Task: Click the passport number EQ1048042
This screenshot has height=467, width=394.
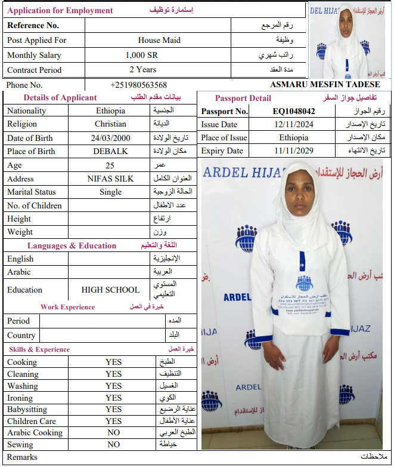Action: [x=294, y=111]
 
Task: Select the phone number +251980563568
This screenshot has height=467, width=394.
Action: [x=138, y=85]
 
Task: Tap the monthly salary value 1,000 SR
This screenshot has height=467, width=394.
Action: [x=142, y=55]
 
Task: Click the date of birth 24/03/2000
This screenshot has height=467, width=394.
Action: [x=110, y=138]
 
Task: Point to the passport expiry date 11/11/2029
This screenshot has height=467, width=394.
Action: [x=294, y=151]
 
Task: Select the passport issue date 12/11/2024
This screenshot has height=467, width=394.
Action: [x=294, y=124]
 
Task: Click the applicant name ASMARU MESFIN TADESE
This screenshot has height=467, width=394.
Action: [x=325, y=84]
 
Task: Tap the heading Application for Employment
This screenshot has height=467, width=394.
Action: [x=60, y=10]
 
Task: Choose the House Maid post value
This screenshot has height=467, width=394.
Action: [x=159, y=40]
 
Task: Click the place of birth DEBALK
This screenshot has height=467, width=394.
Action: [x=110, y=151]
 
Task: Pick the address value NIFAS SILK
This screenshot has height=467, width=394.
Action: [x=110, y=179]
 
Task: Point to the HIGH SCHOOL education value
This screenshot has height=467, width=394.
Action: [x=110, y=290]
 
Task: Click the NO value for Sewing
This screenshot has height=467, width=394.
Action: [x=113, y=444]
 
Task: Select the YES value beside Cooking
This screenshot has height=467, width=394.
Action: [x=113, y=362]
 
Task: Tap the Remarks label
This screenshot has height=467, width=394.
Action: [x=22, y=457]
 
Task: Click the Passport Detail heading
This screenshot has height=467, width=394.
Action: [x=243, y=98]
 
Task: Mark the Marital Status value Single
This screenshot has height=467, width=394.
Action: [x=110, y=192]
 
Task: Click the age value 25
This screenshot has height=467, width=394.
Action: [x=110, y=165]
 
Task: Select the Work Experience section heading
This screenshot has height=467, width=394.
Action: [x=67, y=307]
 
